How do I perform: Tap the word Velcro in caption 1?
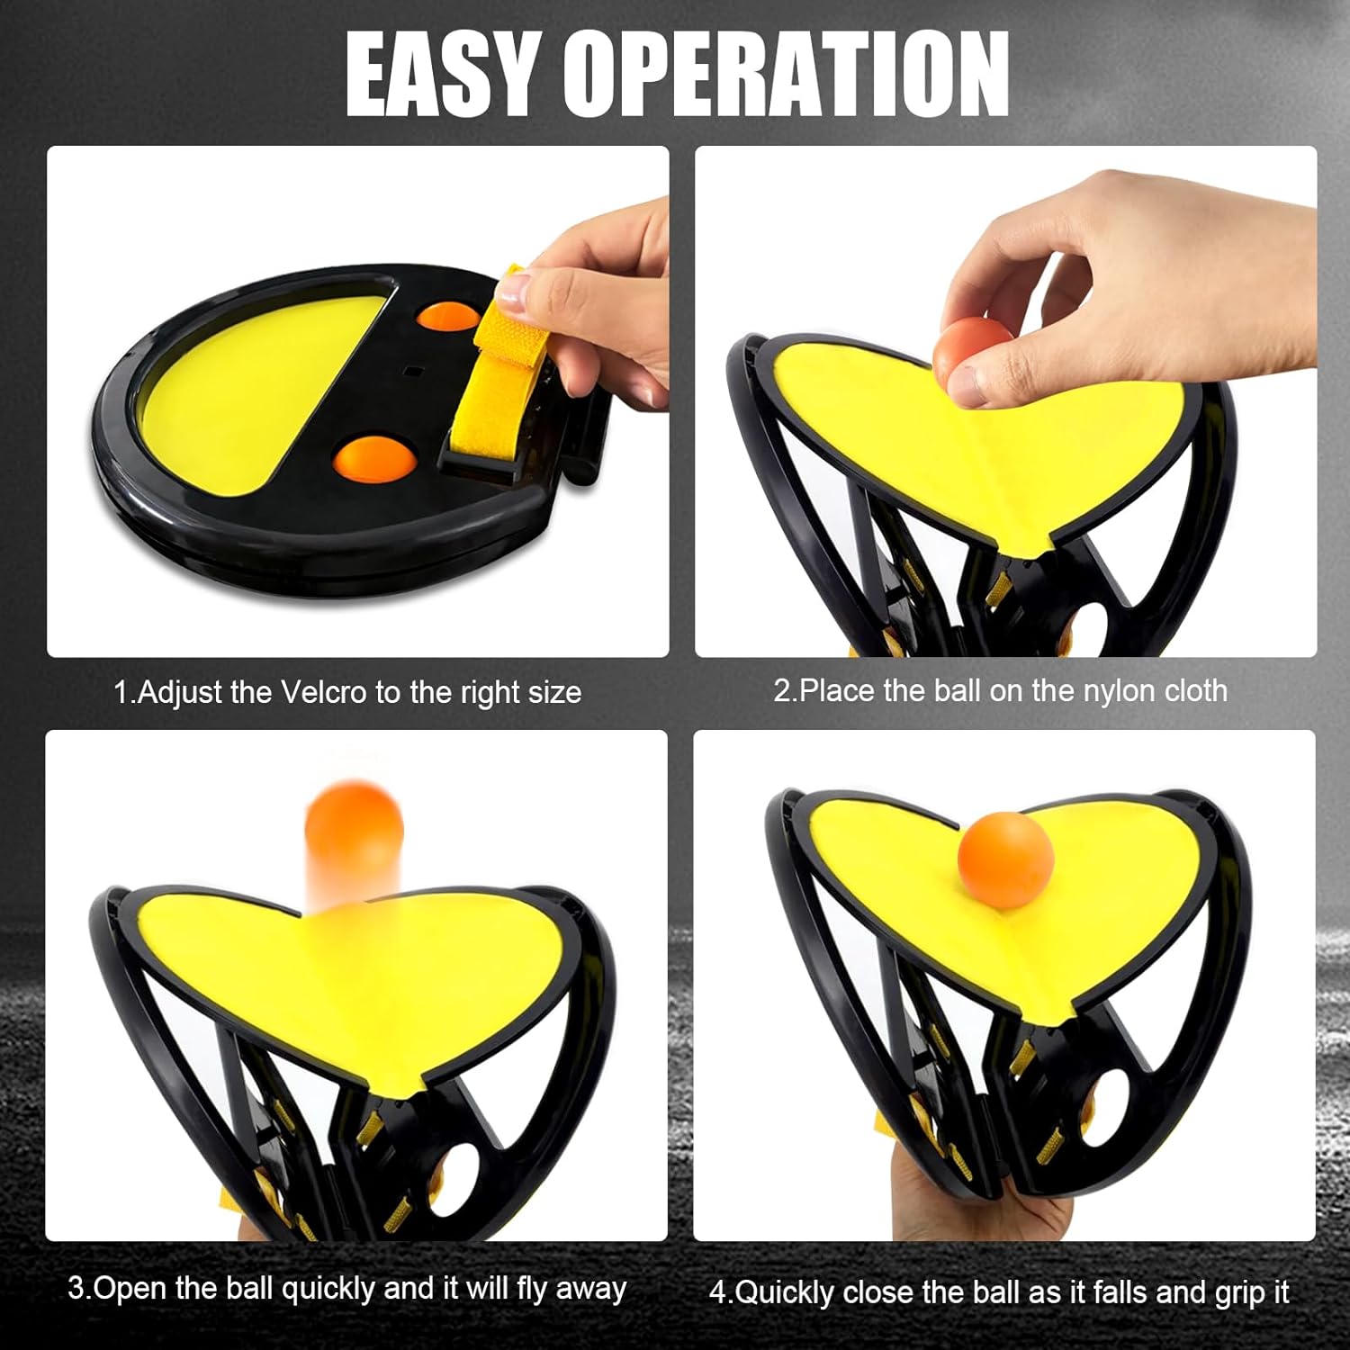coord(324,692)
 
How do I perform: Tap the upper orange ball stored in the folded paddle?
coord(447,319)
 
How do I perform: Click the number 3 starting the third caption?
coord(76,1288)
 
